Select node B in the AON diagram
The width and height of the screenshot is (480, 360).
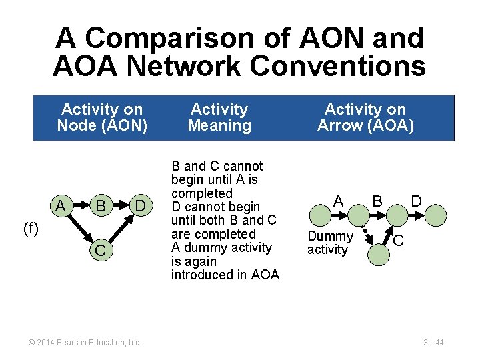[101, 206]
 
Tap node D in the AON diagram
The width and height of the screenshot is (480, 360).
[141, 206]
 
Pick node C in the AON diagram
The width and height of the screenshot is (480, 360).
[101, 251]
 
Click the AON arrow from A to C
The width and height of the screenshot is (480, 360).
[79, 229]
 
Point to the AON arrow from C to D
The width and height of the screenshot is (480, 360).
[122, 229]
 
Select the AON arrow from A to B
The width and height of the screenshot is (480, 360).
[81, 206]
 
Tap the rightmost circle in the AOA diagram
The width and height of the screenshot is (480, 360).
[435, 215]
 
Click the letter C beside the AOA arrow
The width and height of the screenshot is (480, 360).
[397, 240]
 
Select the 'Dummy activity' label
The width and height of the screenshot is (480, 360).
[329, 243]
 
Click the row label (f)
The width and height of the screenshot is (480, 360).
[31, 229]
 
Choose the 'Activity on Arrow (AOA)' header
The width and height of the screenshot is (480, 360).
[365, 117]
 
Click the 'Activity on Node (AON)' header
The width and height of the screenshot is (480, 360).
[102, 117]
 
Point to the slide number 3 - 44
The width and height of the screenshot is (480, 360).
[433, 343]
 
